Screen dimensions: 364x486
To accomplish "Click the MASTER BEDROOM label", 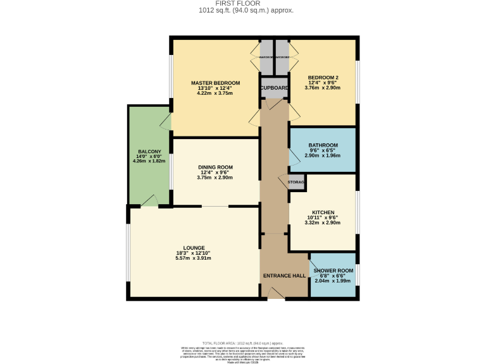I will tap(215, 83).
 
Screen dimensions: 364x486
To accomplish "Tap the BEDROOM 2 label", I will tap(323, 78).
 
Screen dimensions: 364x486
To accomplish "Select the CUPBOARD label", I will tap(274, 88).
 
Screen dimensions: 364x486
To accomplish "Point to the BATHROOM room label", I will tap(323, 145).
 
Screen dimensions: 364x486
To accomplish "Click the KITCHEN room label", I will tap(323, 212).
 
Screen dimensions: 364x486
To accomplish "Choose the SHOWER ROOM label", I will tap(333, 270).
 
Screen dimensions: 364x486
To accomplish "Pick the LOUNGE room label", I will tap(193, 248).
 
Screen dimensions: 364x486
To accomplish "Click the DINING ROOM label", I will tap(215, 167).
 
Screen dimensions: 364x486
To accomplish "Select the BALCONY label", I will tap(149, 151).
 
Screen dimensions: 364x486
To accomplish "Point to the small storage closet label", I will tap(297, 183).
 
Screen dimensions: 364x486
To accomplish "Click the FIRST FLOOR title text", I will tap(243, 4).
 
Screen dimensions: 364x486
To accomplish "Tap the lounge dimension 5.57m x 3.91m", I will tap(193, 258).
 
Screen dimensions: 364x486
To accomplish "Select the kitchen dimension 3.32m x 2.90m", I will tap(323, 223).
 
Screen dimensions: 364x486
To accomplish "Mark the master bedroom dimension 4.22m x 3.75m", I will tap(215, 94).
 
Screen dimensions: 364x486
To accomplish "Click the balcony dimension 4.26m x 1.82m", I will tap(149, 161).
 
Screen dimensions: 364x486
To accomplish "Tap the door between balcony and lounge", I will tap(149, 200).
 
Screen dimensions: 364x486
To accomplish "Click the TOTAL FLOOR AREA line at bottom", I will tap(242, 341).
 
